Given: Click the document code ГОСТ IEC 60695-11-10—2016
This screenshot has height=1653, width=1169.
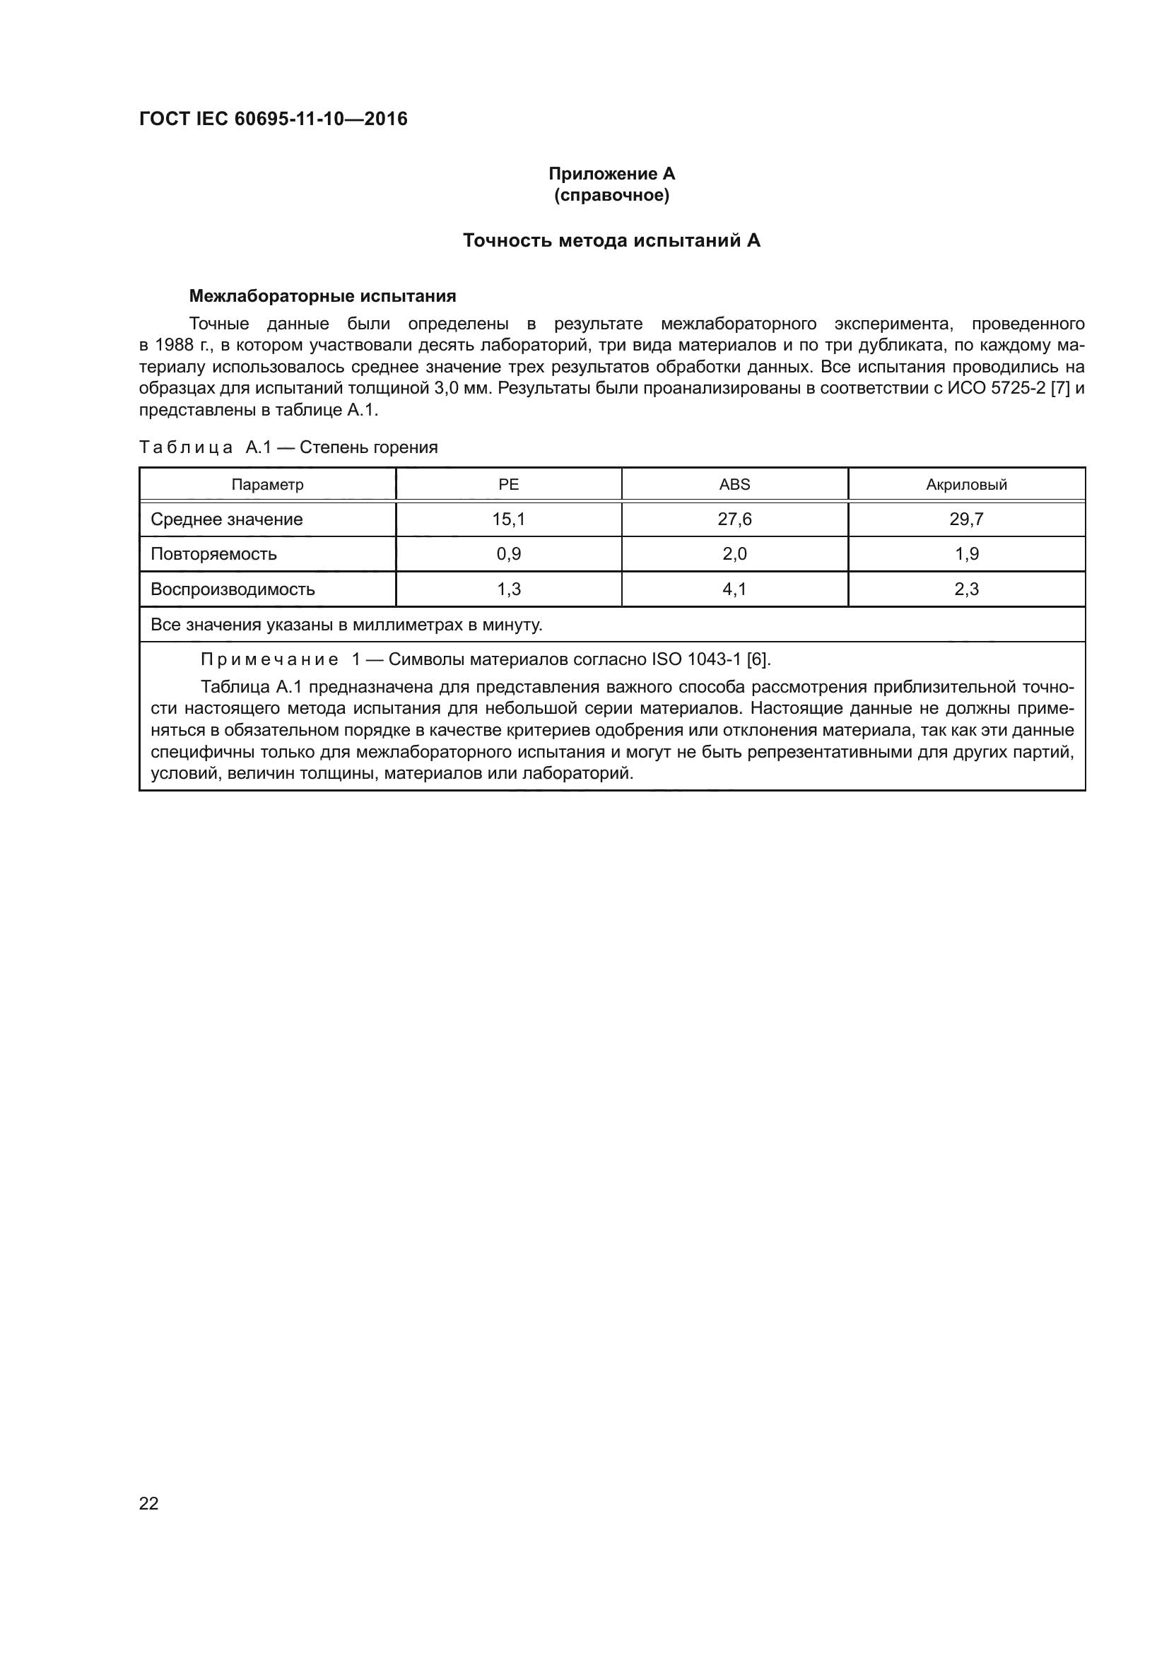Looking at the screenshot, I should (273, 119).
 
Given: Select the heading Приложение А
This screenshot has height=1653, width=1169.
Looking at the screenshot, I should (611, 174).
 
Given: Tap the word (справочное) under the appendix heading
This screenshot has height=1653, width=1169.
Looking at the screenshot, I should (611, 195).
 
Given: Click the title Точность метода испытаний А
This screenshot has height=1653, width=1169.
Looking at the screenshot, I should (611, 240).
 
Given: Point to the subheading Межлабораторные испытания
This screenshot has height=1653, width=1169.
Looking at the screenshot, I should (322, 296).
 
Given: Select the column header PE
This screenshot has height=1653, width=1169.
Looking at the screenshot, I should (508, 485).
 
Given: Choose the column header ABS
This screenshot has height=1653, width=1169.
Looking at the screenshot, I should (734, 485).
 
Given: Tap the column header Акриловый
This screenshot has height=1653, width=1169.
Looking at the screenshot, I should (966, 485).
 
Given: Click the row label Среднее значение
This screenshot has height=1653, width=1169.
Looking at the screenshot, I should (226, 519).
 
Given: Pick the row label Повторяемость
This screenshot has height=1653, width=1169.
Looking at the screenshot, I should (213, 553).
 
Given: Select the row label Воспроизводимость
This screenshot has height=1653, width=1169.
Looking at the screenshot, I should (233, 589).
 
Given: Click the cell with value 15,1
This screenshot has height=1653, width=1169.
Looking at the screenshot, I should (508, 519).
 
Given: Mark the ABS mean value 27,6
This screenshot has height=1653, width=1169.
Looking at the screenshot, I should (734, 519).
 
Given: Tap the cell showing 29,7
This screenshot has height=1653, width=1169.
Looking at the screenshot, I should (966, 519).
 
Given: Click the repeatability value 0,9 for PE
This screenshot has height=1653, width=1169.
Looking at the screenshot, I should (508, 553).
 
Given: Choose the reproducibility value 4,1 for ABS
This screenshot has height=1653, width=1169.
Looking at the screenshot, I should (734, 589).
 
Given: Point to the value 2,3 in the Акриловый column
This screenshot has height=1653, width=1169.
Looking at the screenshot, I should (966, 589).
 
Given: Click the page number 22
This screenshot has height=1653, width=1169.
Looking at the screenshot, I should (148, 1503).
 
